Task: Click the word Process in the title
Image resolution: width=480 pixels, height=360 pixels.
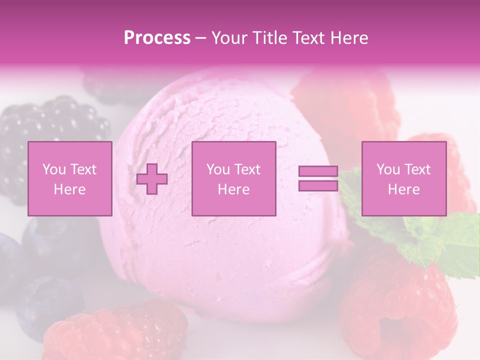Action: click(x=157, y=38)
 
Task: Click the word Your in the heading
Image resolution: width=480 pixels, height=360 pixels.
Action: click(x=229, y=38)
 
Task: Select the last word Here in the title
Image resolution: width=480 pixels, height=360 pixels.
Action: click(x=348, y=38)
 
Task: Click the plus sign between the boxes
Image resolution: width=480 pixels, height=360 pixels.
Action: click(x=152, y=179)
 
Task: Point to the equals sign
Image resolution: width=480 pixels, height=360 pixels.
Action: click(x=318, y=179)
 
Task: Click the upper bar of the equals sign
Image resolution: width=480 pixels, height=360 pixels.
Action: click(x=318, y=171)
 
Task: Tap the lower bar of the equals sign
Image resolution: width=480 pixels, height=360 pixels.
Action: click(x=318, y=186)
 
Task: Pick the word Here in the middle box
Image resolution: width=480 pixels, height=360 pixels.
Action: click(x=234, y=189)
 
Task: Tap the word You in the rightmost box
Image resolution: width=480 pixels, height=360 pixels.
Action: click(x=388, y=169)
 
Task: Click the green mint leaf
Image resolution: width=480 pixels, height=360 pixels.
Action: click(x=450, y=240)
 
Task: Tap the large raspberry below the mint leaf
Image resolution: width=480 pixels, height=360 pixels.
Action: click(x=395, y=305)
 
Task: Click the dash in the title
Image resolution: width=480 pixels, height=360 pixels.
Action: click(x=201, y=38)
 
